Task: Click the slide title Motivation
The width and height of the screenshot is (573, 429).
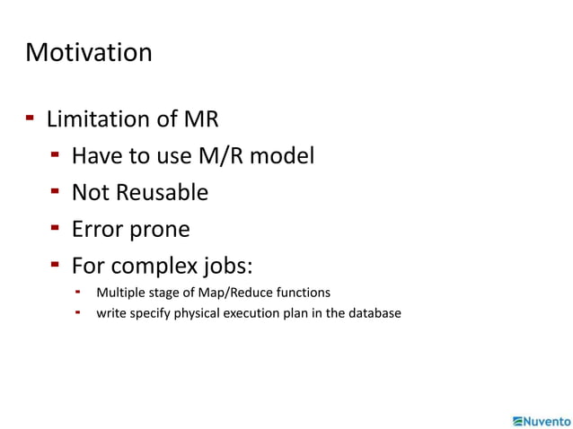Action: [89, 52]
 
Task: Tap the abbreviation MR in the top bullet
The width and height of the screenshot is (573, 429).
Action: [202, 119]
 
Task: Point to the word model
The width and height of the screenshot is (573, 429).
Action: [282, 156]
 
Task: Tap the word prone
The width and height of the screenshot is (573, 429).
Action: [158, 230]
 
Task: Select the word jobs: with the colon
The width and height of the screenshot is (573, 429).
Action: [231, 267]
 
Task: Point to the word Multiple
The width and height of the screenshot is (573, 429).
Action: [120, 292]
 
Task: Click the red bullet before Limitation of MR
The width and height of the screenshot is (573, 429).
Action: [31, 118]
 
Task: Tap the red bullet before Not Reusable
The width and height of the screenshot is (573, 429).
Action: [56, 191]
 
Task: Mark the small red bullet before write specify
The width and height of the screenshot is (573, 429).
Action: [79, 312]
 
